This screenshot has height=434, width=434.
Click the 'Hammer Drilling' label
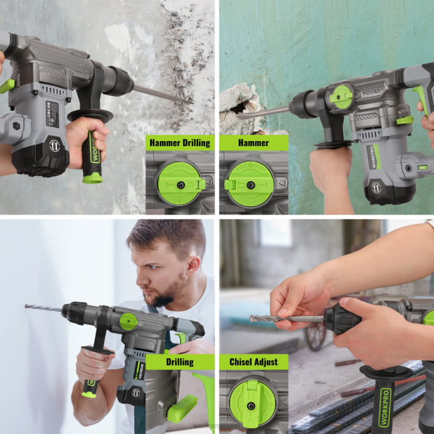pyautogui.click(x=179, y=143)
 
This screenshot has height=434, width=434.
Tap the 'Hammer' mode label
pyautogui.click(x=253, y=143)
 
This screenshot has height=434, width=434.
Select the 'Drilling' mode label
pyautogui.click(x=179, y=362)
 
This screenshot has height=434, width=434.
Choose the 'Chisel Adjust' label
pyautogui.click(x=253, y=362)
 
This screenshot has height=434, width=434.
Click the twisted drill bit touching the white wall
pyautogui.click(x=44, y=308)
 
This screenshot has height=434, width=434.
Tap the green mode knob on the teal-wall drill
pyautogui.click(x=342, y=97)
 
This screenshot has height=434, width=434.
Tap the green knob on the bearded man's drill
pyautogui.click(x=129, y=322)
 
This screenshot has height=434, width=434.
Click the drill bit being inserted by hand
pyautogui.click(x=285, y=319)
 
